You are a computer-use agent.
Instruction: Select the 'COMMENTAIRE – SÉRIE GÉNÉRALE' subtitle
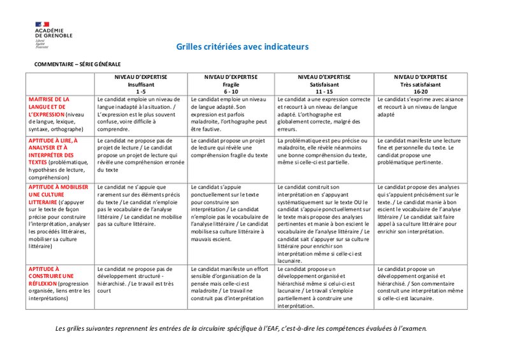pyautogui.click(x=77, y=64)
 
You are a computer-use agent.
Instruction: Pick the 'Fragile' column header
pyautogui.click(x=230, y=84)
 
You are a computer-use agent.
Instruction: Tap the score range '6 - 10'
pyautogui.click(x=230, y=91)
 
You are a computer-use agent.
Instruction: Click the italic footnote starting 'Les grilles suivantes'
pyautogui.click(x=241, y=329)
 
